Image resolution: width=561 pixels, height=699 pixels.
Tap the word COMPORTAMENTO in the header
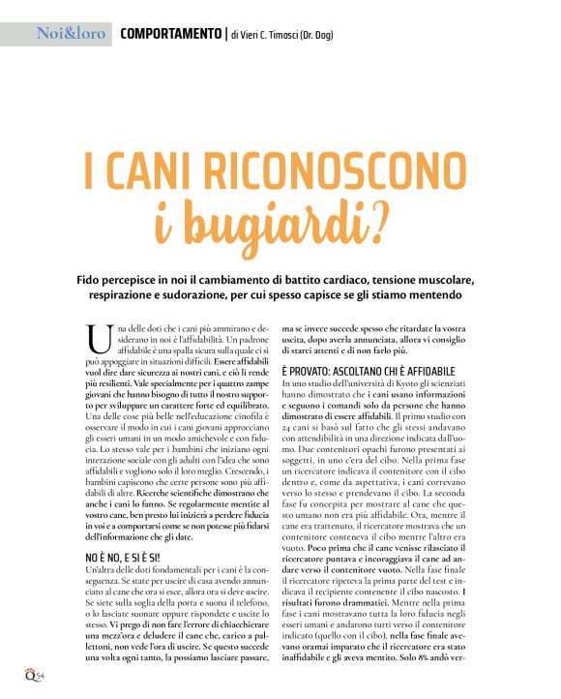tap(170, 34)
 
